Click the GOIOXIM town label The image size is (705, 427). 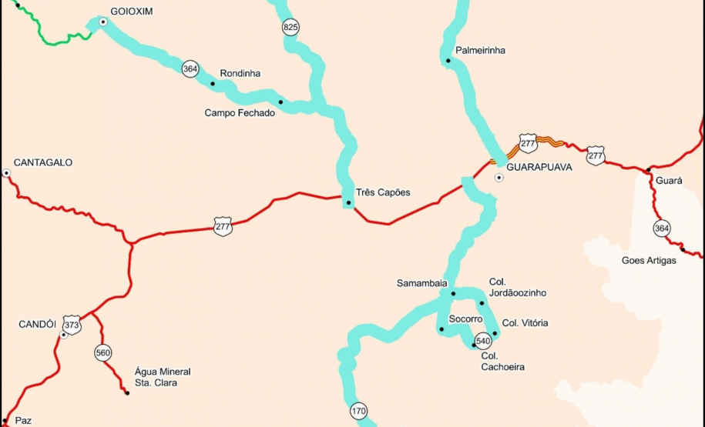(x=133, y=12)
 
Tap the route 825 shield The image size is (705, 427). (x=290, y=28)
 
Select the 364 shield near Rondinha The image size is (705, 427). (x=190, y=69)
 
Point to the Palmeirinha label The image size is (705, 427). (x=480, y=51)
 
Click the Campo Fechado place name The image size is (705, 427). (x=239, y=113)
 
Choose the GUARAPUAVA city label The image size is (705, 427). (x=539, y=167)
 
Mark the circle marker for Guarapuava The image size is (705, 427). (x=499, y=178)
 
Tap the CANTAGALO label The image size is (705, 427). (x=43, y=163)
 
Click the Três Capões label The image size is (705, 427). (x=383, y=192)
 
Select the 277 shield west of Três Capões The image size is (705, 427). (x=223, y=226)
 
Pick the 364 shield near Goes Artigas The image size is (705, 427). (x=661, y=228)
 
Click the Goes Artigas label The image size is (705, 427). (x=649, y=261)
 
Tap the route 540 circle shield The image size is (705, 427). (x=483, y=341)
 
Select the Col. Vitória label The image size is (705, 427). (x=525, y=323)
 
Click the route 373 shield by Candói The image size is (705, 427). (x=72, y=325)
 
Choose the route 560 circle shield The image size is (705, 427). (x=103, y=353)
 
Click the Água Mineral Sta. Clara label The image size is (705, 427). (x=162, y=377)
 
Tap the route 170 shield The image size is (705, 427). (x=358, y=411)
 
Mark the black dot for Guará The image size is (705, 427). (x=649, y=169)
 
